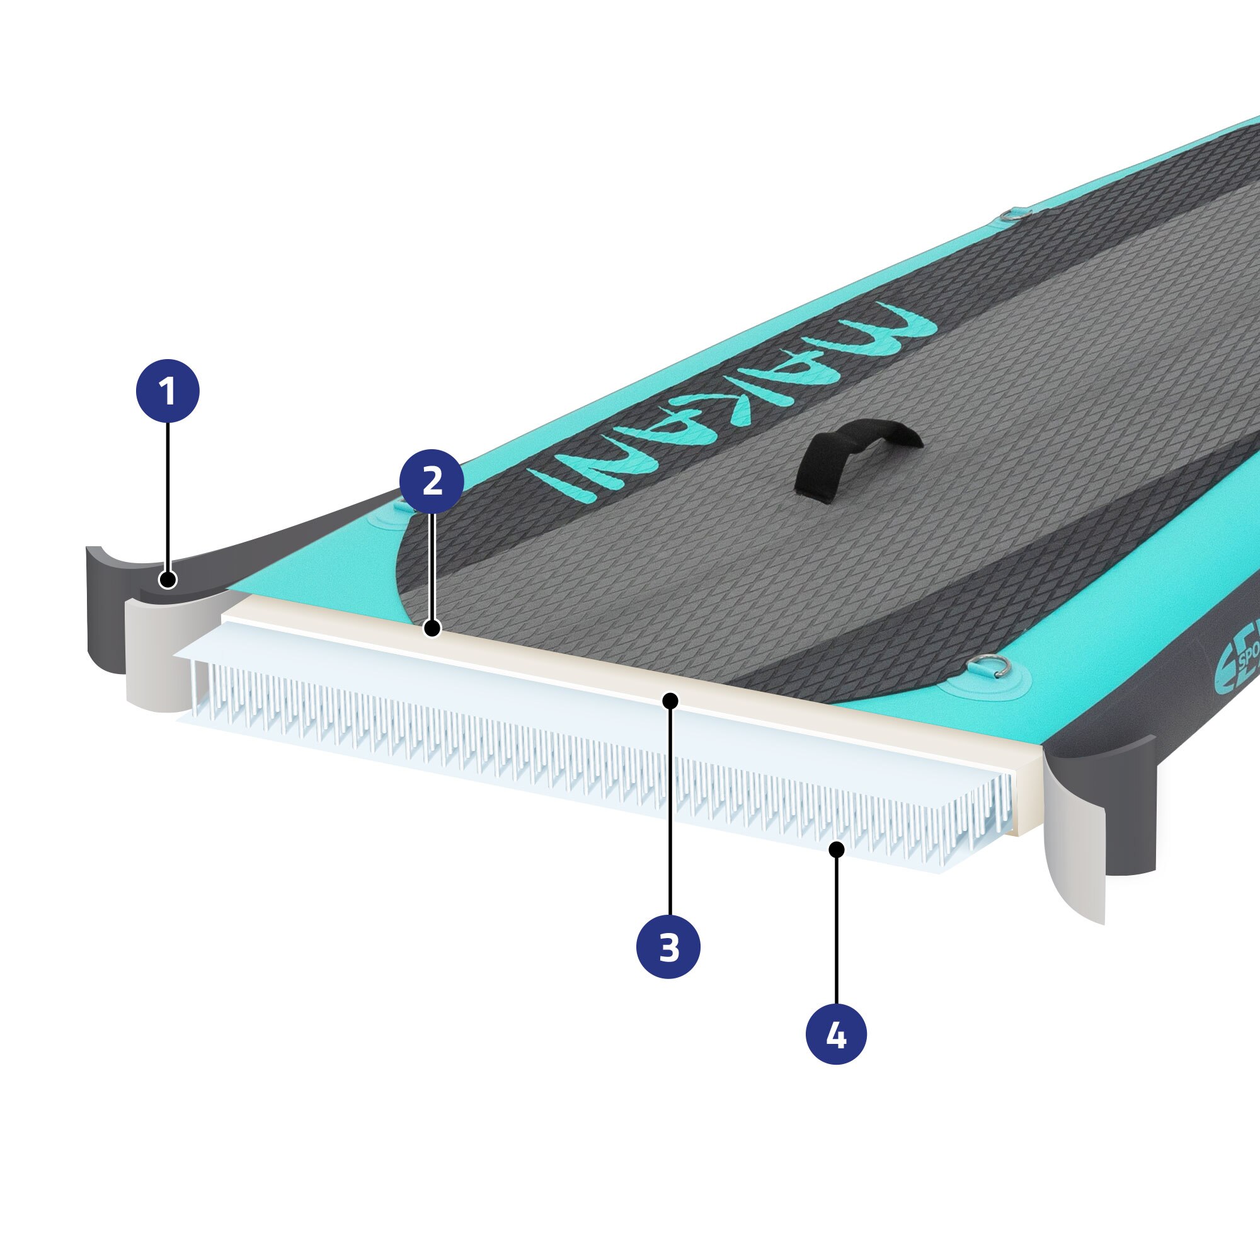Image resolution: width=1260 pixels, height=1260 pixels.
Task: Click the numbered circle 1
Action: pyautogui.click(x=168, y=391)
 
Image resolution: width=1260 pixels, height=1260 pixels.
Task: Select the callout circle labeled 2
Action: pyautogui.click(x=432, y=481)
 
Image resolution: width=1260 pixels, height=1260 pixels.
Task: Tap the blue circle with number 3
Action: pyautogui.click(x=668, y=947)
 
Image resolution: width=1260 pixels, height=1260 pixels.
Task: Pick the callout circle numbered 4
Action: pyautogui.click(x=836, y=1034)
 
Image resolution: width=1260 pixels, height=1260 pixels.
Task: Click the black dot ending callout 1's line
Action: pyautogui.click(x=168, y=579)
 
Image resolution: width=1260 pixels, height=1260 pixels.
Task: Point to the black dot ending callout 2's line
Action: pyautogui.click(x=432, y=629)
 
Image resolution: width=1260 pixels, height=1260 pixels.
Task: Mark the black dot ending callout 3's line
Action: pyautogui.click(x=670, y=701)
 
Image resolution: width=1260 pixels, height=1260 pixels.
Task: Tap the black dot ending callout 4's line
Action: pyautogui.click(x=836, y=850)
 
